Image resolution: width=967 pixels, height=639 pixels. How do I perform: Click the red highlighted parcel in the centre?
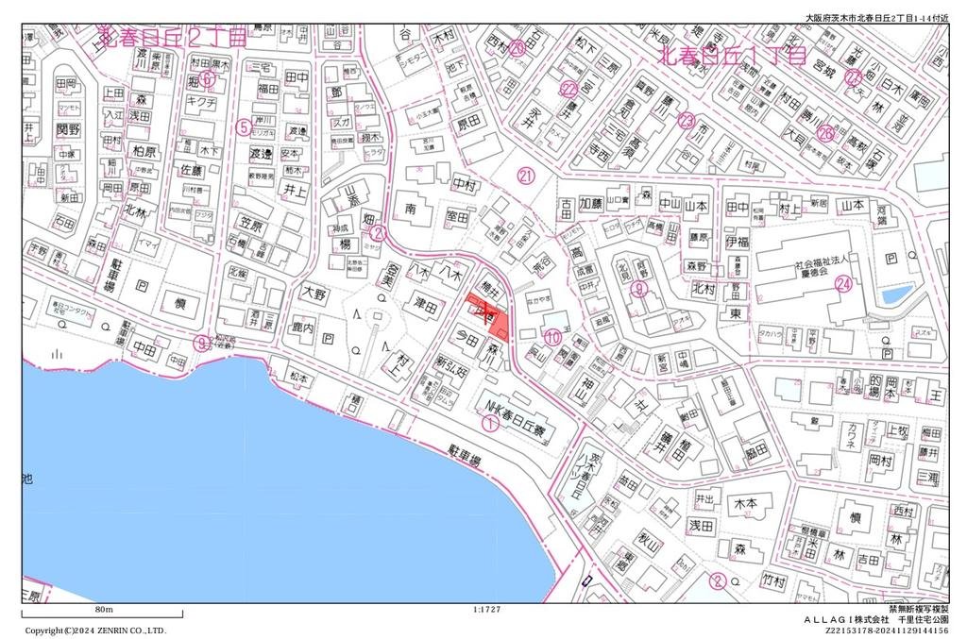(491, 315)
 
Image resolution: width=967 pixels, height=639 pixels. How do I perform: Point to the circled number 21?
(526, 175)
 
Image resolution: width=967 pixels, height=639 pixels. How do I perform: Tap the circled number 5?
(244, 126)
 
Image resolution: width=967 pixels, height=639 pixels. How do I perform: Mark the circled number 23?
(687, 120)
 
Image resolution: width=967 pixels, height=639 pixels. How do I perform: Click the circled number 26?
(826, 134)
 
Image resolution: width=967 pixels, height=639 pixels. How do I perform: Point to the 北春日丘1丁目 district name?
(732, 56)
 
